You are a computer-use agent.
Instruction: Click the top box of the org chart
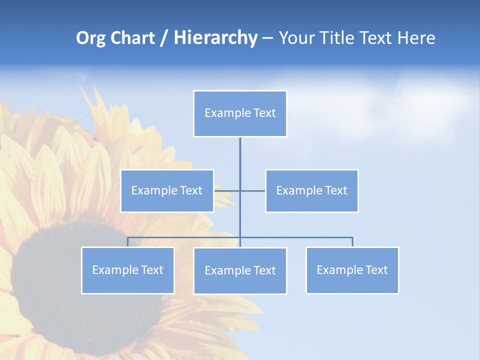click(x=240, y=113)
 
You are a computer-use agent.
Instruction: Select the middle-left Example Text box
click(x=167, y=190)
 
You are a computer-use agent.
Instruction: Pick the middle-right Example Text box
click(x=311, y=190)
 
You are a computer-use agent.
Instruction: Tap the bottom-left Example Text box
click(x=127, y=270)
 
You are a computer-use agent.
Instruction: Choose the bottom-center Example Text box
click(x=240, y=270)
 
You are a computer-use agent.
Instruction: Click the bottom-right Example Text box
click(x=352, y=270)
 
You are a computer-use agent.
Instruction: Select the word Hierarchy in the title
click(x=215, y=38)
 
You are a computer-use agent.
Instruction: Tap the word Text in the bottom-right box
click(x=376, y=270)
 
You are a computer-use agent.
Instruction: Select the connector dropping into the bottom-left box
click(x=127, y=242)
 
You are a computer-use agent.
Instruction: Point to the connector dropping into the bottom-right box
click(x=352, y=242)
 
